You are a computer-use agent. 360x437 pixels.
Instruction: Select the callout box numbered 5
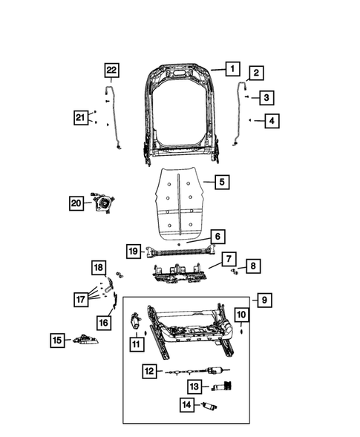click(220, 180)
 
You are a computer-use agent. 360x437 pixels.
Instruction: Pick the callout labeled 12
click(149, 370)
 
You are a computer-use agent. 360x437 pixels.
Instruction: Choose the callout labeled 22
click(111, 70)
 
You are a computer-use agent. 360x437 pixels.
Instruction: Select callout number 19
click(133, 251)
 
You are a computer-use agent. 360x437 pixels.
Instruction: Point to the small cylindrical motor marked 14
click(210, 407)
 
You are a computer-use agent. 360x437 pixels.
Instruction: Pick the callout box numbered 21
click(81, 116)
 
